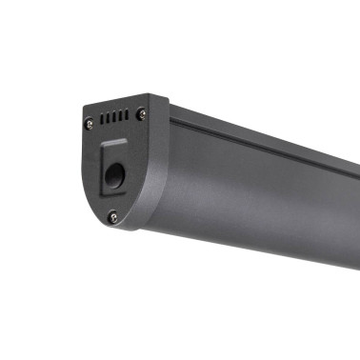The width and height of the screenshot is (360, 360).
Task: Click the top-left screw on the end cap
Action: (89, 122)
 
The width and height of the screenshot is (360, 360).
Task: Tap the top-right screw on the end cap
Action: (142, 113)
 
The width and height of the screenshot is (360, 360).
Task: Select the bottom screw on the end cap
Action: (112, 217)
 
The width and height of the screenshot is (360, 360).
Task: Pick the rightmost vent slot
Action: (127, 115)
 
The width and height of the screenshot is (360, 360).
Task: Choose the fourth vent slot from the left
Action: (121, 116)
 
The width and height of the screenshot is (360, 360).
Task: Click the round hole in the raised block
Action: (114, 176)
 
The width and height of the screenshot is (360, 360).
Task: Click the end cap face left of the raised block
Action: (92, 167)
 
